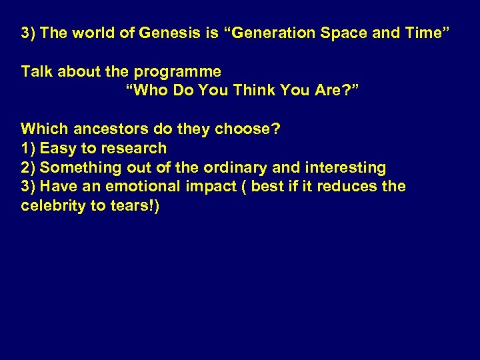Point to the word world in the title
click(95, 33)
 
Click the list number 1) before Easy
click(28, 148)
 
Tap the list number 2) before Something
click(28, 167)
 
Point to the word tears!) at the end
click(135, 206)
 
